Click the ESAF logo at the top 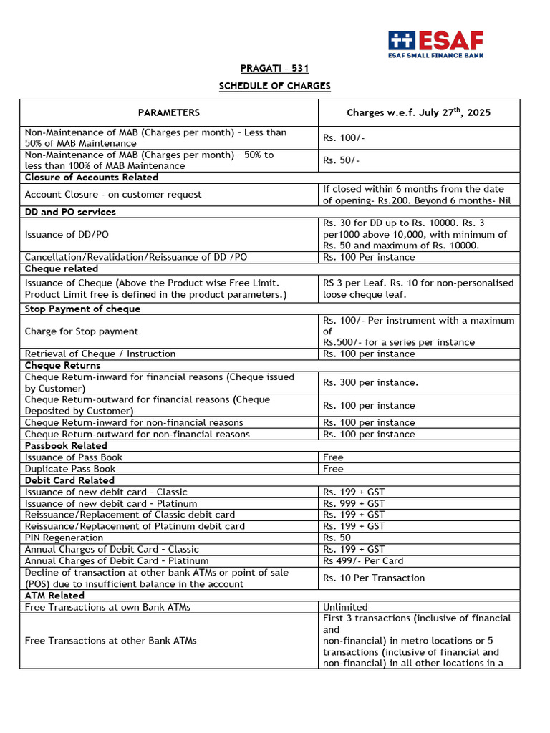(435, 44)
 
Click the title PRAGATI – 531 (274, 69)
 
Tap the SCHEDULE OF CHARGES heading (274, 86)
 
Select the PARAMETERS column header (169, 112)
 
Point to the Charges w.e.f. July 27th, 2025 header (418, 112)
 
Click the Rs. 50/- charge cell (339, 160)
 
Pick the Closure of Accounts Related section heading (92, 177)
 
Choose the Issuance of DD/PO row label (67, 234)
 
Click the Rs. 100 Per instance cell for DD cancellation (368, 257)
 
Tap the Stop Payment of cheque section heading (82, 309)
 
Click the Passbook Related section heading (66, 445)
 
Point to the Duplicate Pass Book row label (69, 469)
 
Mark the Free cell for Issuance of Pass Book (333, 457)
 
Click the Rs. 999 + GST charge (353, 503)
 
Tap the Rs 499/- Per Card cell (362, 560)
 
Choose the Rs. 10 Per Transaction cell (373, 578)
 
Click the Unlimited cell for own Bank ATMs (345, 607)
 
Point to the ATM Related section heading (54, 595)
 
